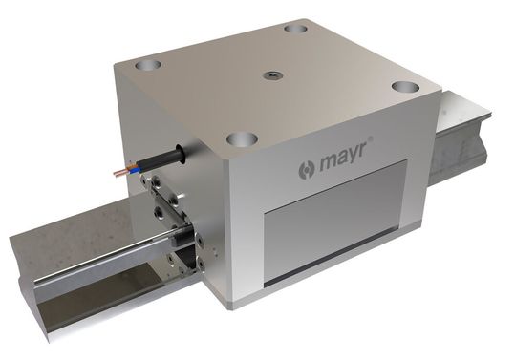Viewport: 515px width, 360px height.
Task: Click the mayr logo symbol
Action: (x=307, y=170)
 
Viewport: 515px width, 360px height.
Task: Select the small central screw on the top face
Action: (x=271, y=75)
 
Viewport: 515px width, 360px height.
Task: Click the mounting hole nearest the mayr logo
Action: (x=242, y=138)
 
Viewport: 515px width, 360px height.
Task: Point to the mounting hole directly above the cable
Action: (x=148, y=64)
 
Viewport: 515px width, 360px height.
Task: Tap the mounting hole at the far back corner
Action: (x=295, y=29)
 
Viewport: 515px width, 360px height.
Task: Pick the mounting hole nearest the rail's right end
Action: (x=406, y=87)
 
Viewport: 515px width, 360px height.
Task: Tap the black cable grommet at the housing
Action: (x=181, y=154)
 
